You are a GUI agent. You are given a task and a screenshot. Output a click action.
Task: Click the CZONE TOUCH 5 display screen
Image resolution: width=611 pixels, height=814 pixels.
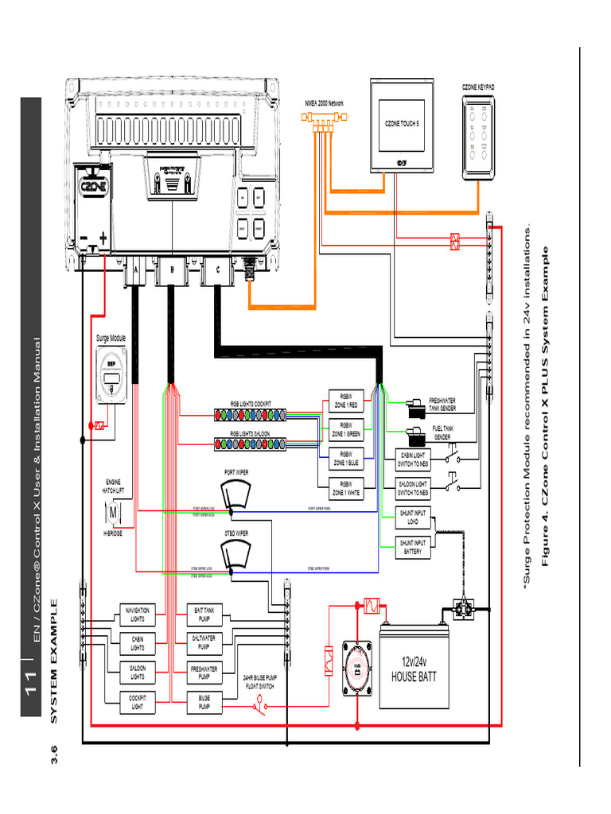click(x=401, y=125)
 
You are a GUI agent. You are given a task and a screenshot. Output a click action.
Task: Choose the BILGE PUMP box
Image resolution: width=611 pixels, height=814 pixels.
click(x=204, y=703)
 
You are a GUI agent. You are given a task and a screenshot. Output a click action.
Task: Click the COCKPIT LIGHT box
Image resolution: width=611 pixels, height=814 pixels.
click(x=138, y=703)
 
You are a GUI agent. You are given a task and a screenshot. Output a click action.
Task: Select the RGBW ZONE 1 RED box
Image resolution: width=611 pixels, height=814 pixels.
click(x=346, y=401)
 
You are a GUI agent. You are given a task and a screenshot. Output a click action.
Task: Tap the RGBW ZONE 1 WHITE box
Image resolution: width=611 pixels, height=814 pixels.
click(x=346, y=488)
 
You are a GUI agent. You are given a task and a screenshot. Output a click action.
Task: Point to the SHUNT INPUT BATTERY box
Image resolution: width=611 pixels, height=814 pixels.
click(x=413, y=547)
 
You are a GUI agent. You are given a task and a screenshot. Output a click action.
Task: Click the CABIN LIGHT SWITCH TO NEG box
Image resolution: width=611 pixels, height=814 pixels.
click(x=413, y=458)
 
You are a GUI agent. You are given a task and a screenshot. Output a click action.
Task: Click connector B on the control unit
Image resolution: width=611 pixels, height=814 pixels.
click(x=171, y=270)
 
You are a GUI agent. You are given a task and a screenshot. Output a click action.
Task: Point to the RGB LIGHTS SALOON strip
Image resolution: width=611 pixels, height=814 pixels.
click(x=251, y=443)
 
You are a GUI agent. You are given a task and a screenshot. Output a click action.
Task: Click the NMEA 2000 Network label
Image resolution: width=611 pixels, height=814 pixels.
click(x=325, y=103)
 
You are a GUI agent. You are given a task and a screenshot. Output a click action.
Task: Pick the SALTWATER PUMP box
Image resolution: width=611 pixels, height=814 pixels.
click(x=204, y=643)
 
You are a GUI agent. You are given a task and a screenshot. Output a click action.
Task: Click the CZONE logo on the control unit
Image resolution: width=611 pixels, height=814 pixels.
click(x=95, y=188)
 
